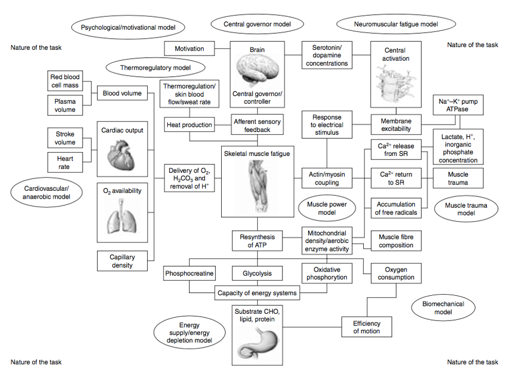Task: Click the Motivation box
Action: pos(189,48)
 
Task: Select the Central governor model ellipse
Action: pos(257,24)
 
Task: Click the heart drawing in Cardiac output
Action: pos(121,155)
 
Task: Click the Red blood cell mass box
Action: pos(65,81)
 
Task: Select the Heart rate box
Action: pos(65,163)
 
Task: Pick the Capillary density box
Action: pos(122,261)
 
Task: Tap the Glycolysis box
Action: pos(257,273)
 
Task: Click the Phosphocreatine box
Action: pos(189,273)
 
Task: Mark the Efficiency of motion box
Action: pos(367,327)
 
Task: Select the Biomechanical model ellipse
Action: pos(443,308)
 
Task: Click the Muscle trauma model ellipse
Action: pos(466,209)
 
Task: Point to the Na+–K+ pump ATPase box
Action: pos(458,105)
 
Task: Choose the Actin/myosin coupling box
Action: pos(327,178)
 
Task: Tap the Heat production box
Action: pos(189,125)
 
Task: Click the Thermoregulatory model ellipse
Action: pos(156,67)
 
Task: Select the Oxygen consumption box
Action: pos(396,273)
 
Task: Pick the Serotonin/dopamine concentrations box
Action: pos(327,55)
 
